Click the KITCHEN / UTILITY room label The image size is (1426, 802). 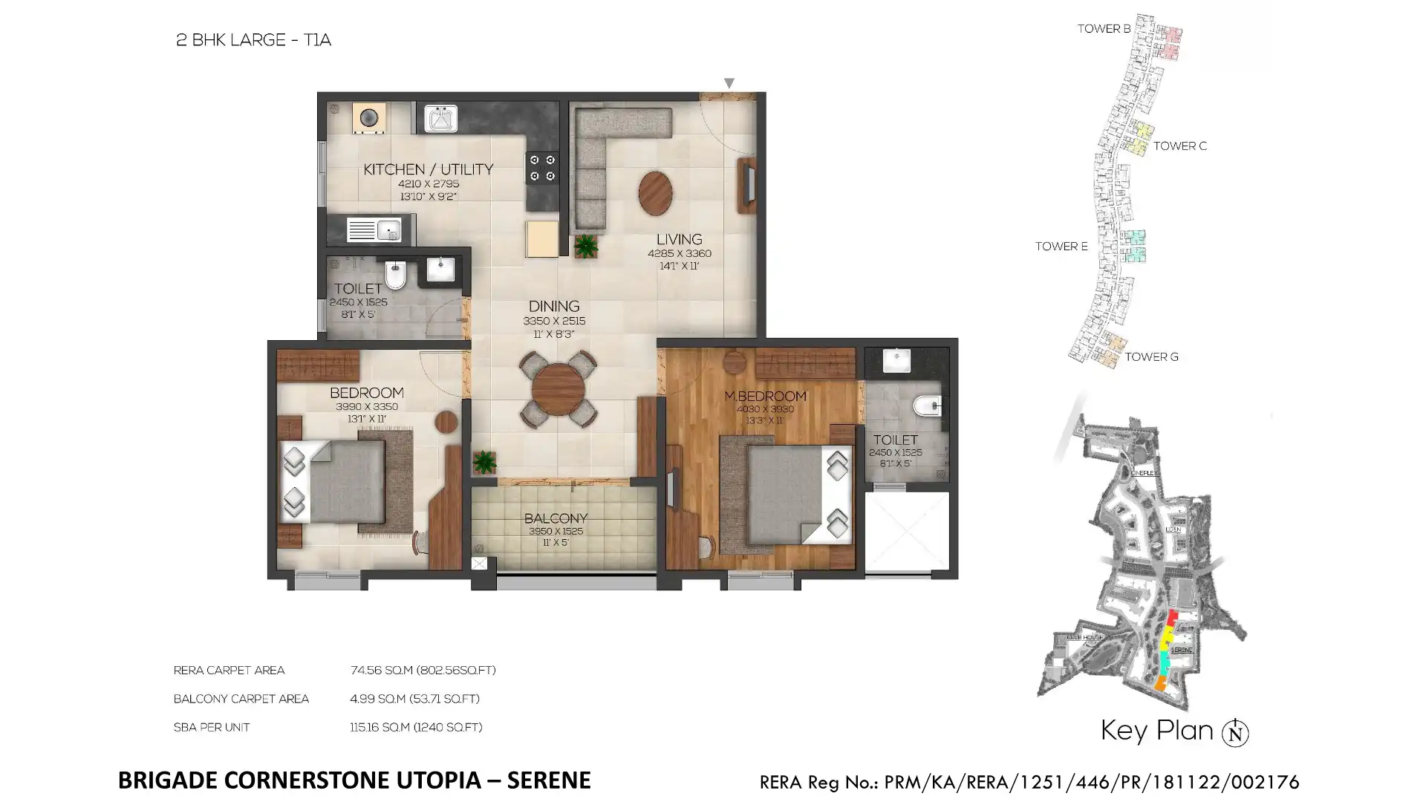[428, 169]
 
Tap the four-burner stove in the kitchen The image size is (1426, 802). [541, 168]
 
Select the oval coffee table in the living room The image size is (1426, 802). [655, 193]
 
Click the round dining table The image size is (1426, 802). [558, 389]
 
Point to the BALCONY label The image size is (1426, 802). [556, 518]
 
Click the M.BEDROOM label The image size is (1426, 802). [765, 397]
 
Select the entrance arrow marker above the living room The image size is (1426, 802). [729, 83]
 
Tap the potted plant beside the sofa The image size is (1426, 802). [586, 246]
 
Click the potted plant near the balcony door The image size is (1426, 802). [484, 462]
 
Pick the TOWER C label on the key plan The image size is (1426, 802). [1179, 146]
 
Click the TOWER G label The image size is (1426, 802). [1151, 357]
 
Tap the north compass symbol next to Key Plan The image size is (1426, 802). [1235, 733]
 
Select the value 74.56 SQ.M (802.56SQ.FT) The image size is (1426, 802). [423, 671]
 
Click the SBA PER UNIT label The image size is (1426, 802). [212, 728]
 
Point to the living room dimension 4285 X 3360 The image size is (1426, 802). [679, 253]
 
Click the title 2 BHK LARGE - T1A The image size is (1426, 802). [253, 40]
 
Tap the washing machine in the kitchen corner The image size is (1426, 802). [368, 118]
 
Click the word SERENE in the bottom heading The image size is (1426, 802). [550, 780]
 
